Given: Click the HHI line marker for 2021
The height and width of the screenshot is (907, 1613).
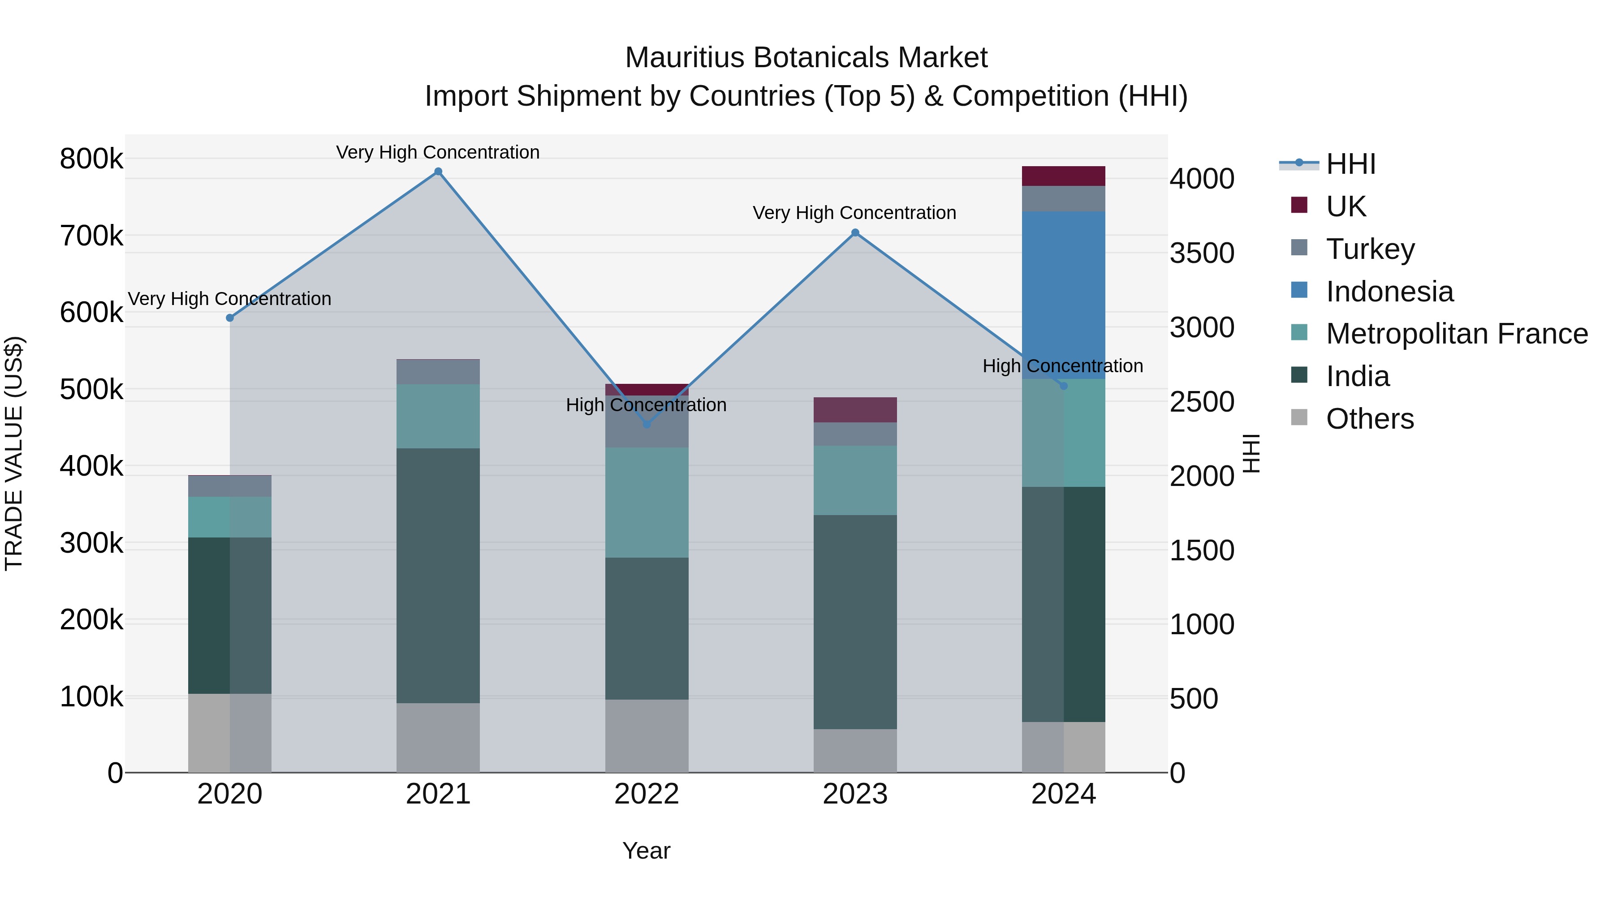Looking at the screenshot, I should [438, 172].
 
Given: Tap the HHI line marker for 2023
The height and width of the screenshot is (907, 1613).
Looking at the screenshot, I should [855, 233].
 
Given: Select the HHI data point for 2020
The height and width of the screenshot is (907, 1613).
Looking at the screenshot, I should [230, 318].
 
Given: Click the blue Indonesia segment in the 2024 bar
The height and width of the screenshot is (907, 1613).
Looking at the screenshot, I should [1063, 294].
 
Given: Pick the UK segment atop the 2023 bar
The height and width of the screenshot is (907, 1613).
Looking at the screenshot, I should [855, 409].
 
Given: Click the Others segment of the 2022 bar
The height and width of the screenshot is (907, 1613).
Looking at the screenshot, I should [647, 735].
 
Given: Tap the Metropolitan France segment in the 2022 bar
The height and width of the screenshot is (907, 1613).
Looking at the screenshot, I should [647, 502].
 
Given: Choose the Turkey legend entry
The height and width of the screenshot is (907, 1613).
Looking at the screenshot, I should [1370, 249].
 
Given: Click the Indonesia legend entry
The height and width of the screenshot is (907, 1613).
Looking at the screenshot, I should [1389, 291].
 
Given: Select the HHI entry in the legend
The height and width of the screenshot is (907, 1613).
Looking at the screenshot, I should [1350, 164].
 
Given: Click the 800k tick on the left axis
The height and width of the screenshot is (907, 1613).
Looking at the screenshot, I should [91, 159].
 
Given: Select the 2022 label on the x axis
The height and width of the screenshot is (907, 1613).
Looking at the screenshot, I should [647, 794].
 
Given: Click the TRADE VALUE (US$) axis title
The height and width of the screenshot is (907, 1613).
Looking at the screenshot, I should [14, 453].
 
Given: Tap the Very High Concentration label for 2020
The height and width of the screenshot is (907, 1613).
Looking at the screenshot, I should [230, 299].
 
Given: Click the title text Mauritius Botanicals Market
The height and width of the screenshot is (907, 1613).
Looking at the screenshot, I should [806, 58].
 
